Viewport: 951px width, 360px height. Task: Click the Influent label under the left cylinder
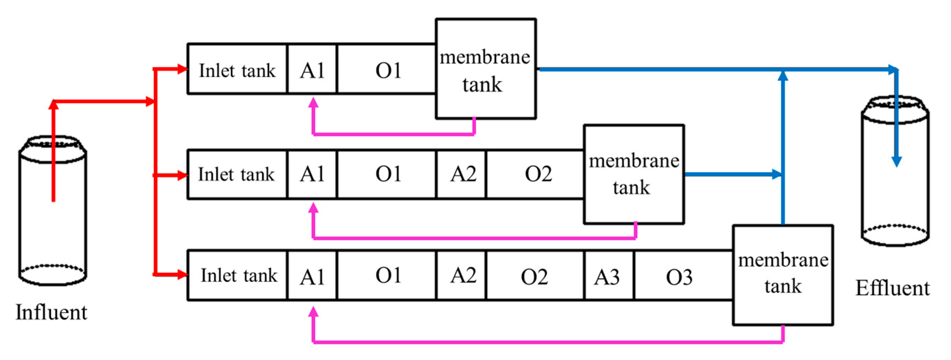point(51,312)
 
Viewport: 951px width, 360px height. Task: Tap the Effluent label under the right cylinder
point(893,288)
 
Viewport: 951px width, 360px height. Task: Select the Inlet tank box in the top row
point(237,69)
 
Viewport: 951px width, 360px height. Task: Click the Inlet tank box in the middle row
point(237,174)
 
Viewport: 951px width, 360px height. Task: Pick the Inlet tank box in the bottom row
point(238,275)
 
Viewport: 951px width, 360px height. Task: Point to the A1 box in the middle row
point(312,174)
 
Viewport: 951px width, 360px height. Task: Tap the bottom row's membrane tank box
point(783,275)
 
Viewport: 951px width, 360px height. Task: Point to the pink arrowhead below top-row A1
point(313,103)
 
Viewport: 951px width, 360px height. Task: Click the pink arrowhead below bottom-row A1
point(313,312)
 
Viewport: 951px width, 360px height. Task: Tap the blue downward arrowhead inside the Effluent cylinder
point(897,162)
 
